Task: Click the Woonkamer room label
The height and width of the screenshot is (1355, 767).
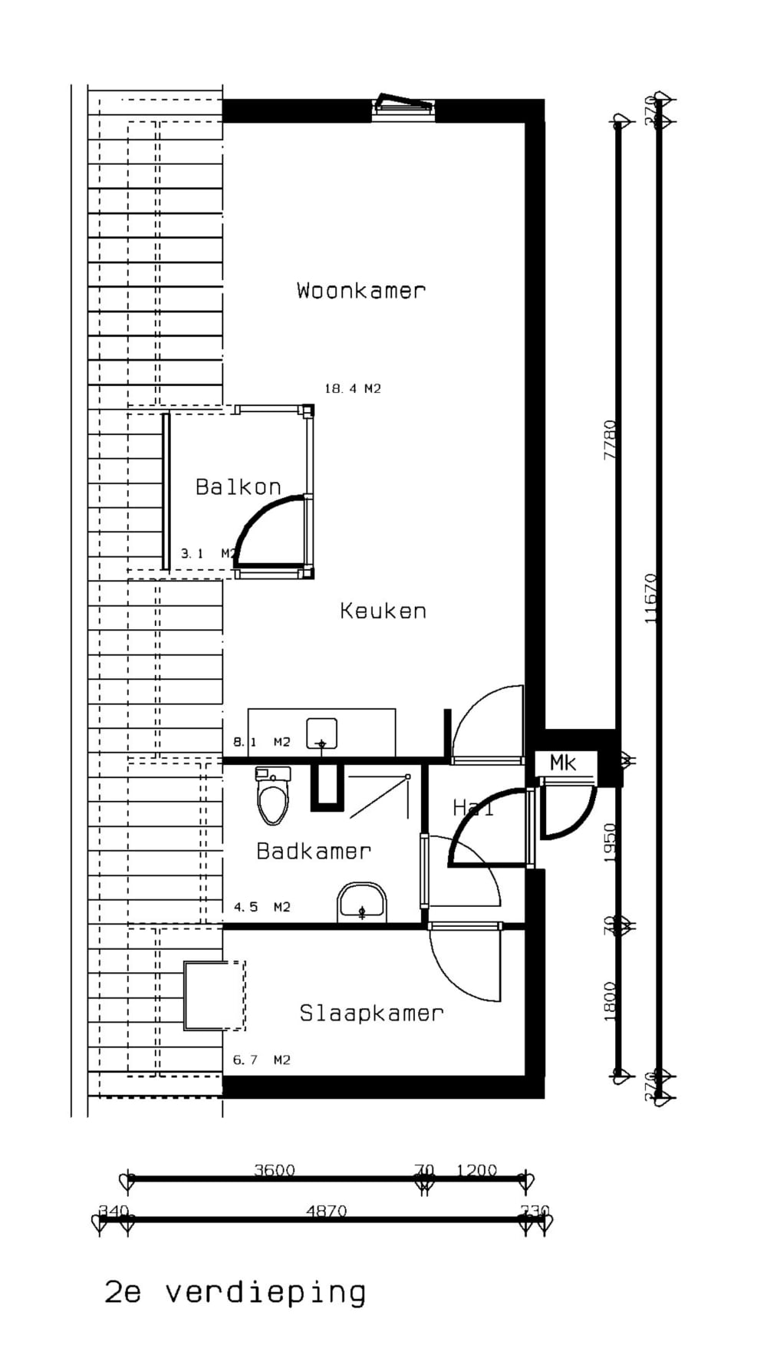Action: click(x=360, y=291)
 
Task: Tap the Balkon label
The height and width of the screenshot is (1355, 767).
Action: click(x=238, y=487)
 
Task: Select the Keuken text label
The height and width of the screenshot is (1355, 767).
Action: click(x=383, y=612)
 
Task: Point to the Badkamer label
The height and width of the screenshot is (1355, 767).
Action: click(x=314, y=851)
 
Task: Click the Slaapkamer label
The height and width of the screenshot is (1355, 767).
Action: click(x=371, y=1014)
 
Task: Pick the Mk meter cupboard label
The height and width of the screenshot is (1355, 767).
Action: click(x=563, y=763)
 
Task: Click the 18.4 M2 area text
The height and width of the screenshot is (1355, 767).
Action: click(x=352, y=389)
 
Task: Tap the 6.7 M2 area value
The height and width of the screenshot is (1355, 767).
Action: click(x=262, y=1060)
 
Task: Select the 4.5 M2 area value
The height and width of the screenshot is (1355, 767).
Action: click(x=262, y=907)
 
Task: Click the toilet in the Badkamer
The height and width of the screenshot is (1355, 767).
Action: click(x=273, y=796)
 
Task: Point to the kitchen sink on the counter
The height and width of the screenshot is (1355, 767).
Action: click(x=321, y=734)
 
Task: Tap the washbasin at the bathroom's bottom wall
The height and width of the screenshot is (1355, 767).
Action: click(x=362, y=903)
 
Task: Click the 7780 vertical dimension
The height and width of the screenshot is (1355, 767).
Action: click(x=611, y=439)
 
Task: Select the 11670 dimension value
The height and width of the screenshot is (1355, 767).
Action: click(x=651, y=598)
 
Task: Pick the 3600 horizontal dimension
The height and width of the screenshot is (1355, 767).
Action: click(x=275, y=1170)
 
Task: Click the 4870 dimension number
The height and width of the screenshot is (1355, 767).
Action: click(x=327, y=1212)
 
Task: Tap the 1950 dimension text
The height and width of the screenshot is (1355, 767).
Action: click(x=611, y=842)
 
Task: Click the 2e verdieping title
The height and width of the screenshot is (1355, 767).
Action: click(x=235, y=1292)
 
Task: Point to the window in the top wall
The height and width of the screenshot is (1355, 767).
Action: click(x=404, y=107)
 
